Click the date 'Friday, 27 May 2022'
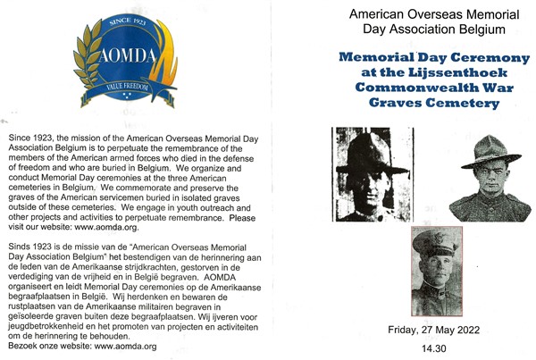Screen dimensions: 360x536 coord(433,329)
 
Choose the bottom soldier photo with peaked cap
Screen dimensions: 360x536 coord(436,272)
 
